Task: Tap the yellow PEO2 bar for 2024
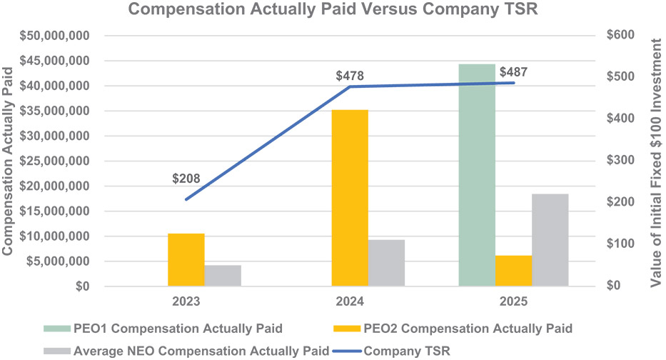[x=350, y=198]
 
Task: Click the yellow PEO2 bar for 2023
[x=186, y=259]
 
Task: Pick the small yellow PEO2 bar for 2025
[x=513, y=271]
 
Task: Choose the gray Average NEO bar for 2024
[x=386, y=262]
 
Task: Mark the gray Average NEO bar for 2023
[x=223, y=275]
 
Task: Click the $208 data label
[x=186, y=179]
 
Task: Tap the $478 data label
[x=350, y=76]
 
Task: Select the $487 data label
[x=514, y=72]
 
